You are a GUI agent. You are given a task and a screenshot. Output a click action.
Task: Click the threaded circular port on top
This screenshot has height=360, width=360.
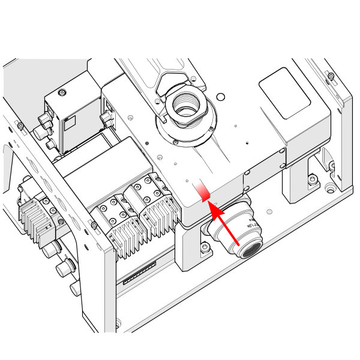(x=187, y=107)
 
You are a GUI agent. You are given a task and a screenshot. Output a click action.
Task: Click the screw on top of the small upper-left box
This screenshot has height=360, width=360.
(x=62, y=94)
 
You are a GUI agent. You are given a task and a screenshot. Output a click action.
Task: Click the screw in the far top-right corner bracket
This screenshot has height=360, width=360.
(x=331, y=75)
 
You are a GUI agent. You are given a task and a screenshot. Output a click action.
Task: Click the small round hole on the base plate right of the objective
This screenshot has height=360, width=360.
(x=268, y=211)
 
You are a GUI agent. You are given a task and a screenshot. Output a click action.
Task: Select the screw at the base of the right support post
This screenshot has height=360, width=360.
(x=312, y=178)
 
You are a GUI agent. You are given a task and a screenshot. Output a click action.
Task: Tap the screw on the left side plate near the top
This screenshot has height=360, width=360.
(x=20, y=125)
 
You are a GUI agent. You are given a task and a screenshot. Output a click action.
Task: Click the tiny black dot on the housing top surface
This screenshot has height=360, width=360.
(x=248, y=142)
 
